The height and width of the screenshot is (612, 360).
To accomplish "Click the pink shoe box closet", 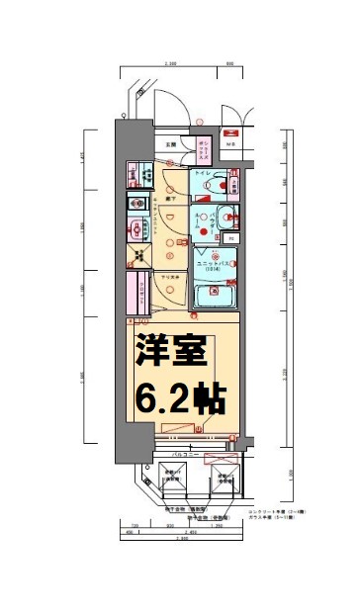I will (202, 150).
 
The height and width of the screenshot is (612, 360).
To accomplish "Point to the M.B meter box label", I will (232, 144).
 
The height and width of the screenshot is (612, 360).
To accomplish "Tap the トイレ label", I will (201, 174).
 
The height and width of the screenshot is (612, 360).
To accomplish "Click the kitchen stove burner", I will (135, 203).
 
